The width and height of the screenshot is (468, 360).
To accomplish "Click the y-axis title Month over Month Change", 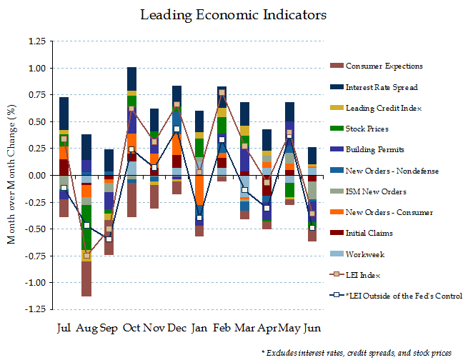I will pyautogui.click(x=11, y=175).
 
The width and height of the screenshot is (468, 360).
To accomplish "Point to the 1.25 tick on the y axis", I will pyautogui.click(x=34, y=41).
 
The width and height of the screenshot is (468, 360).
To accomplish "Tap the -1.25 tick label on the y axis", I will pyautogui.click(x=32, y=309).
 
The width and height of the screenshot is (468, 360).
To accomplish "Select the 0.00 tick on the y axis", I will pyautogui.click(x=34, y=176).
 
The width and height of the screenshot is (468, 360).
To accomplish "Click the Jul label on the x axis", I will pyautogui.click(x=64, y=329).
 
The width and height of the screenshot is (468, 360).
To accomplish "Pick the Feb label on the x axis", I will pyautogui.click(x=222, y=329).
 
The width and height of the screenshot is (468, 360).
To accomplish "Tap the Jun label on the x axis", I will pyautogui.click(x=312, y=329).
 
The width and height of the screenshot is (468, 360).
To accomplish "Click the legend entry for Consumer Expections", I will pyautogui.click(x=384, y=66).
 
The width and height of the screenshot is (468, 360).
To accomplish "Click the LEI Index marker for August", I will pyautogui.click(x=86, y=255).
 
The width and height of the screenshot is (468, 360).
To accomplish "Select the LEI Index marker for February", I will pyautogui.click(x=222, y=93).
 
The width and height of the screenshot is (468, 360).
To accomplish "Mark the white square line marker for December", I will pyautogui.click(x=176, y=129).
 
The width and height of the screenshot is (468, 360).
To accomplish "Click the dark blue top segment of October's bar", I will pyautogui.click(x=131, y=79).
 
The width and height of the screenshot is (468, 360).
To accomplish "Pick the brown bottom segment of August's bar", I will pyautogui.click(x=86, y=279).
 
